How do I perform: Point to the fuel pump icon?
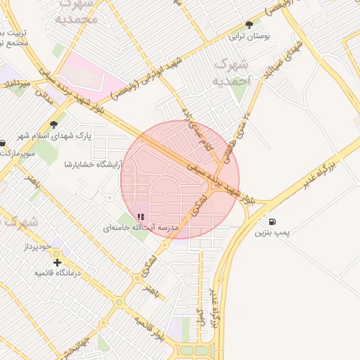[271, 221]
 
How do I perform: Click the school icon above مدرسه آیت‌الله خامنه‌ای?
[141, 217]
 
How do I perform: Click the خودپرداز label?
[38, 247]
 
